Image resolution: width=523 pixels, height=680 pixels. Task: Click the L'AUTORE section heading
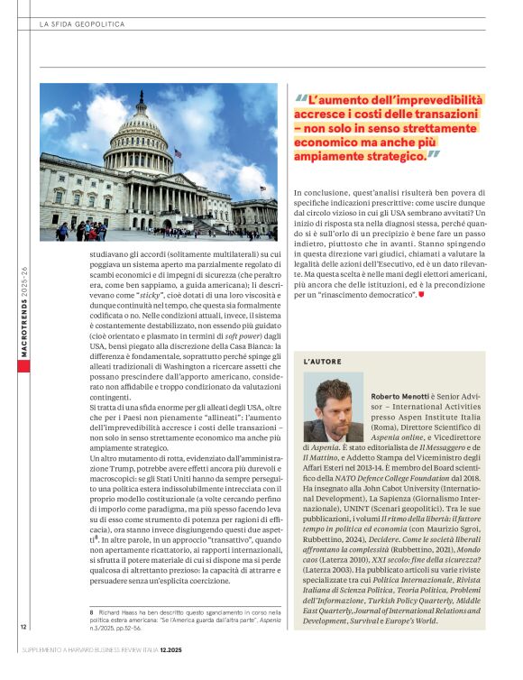(322, 361)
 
